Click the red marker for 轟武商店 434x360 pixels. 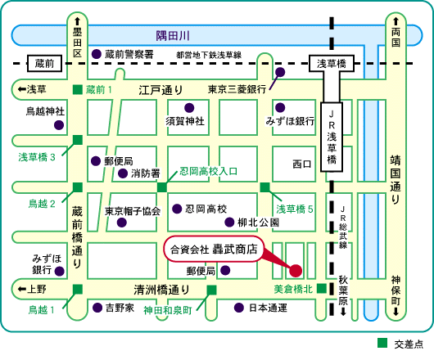tap(296, 271)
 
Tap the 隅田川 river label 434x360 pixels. tap(173, 36)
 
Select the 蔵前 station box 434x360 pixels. tap(44, 64)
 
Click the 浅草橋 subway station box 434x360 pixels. tap(332, 64)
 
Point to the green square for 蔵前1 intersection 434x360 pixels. tap(78, 89)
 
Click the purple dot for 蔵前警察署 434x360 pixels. tap(97, 54)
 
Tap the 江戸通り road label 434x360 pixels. tap(160, 90)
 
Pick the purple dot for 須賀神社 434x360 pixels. tap(189, 108)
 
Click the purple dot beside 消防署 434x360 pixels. tap(123, 173)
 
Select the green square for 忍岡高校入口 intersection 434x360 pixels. tap(162, 187)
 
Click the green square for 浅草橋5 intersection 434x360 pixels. tap(264, 187)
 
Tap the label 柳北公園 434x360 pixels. tap(258, 223)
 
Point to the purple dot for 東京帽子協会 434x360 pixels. tap(122, 223)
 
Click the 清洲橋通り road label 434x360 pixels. tap(161, 290)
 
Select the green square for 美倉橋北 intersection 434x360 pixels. tap(322, 288)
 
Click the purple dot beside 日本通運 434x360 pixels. tap(239, 308)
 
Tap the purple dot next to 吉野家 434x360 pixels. tap(97, 308)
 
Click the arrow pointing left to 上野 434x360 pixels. tap(22, 289)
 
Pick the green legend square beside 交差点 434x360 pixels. tap(382, 343)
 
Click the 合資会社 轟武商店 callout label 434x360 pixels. tap(214, 249)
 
